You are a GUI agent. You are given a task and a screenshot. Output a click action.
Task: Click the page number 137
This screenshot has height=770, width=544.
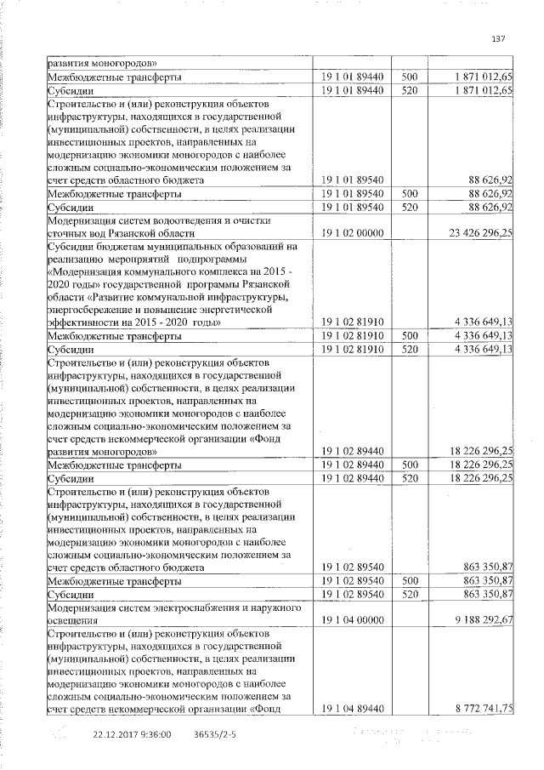499,37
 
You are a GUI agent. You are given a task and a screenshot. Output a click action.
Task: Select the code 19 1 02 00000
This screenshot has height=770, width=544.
351,231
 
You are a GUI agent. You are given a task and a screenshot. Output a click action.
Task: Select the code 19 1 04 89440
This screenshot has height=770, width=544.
351,709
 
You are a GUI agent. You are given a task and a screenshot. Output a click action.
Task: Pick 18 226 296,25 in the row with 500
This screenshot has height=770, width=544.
476,465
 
